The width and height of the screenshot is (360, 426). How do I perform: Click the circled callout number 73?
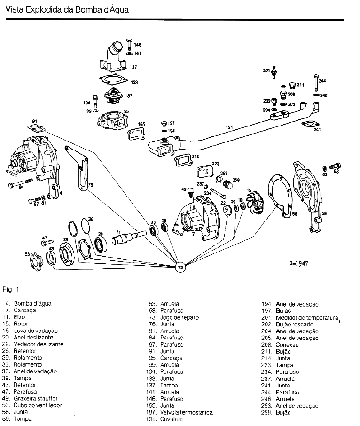180,267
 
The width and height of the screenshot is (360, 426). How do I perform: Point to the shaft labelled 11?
129,238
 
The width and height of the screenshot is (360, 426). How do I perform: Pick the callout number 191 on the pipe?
229,127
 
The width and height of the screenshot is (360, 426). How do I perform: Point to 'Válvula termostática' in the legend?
187,412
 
